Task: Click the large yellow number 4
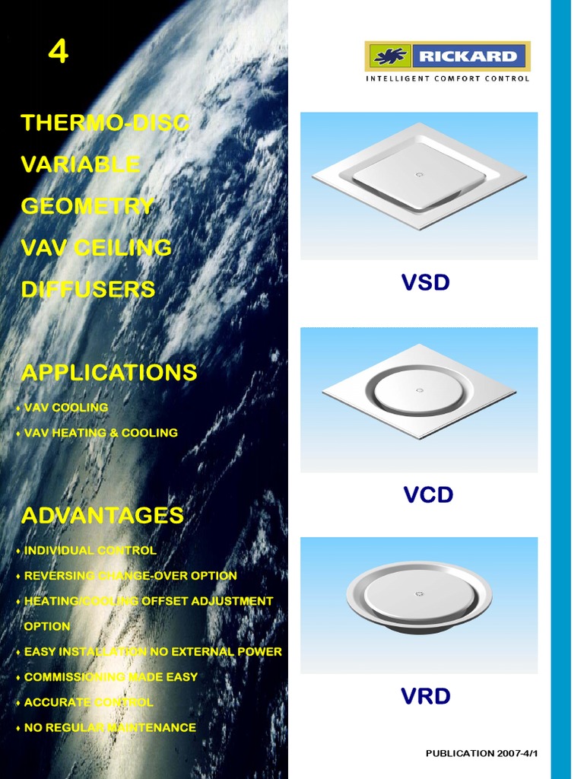tap(59, 51)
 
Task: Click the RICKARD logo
tap(448, 56)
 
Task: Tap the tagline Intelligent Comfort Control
tap(448, 78)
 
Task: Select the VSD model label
tap(426, 283)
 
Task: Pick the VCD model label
tap(428, 494)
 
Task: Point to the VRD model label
tap(426, 695)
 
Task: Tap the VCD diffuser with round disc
tap(419, 391)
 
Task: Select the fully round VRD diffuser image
tap(419, 598)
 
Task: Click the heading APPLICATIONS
tap(109, 373)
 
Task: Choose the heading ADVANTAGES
tap(103, 515)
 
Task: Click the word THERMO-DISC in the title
tap(105, 122)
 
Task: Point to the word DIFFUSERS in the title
tap(88, 289)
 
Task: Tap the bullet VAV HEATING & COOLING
tap(100, 433)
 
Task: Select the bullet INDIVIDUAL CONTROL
tap(90, 550)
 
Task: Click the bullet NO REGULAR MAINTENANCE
tap(109, 727)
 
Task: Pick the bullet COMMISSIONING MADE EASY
tap(110, 676)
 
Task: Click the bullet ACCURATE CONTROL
tap(88, 702)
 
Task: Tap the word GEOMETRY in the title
tap(88, 206)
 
